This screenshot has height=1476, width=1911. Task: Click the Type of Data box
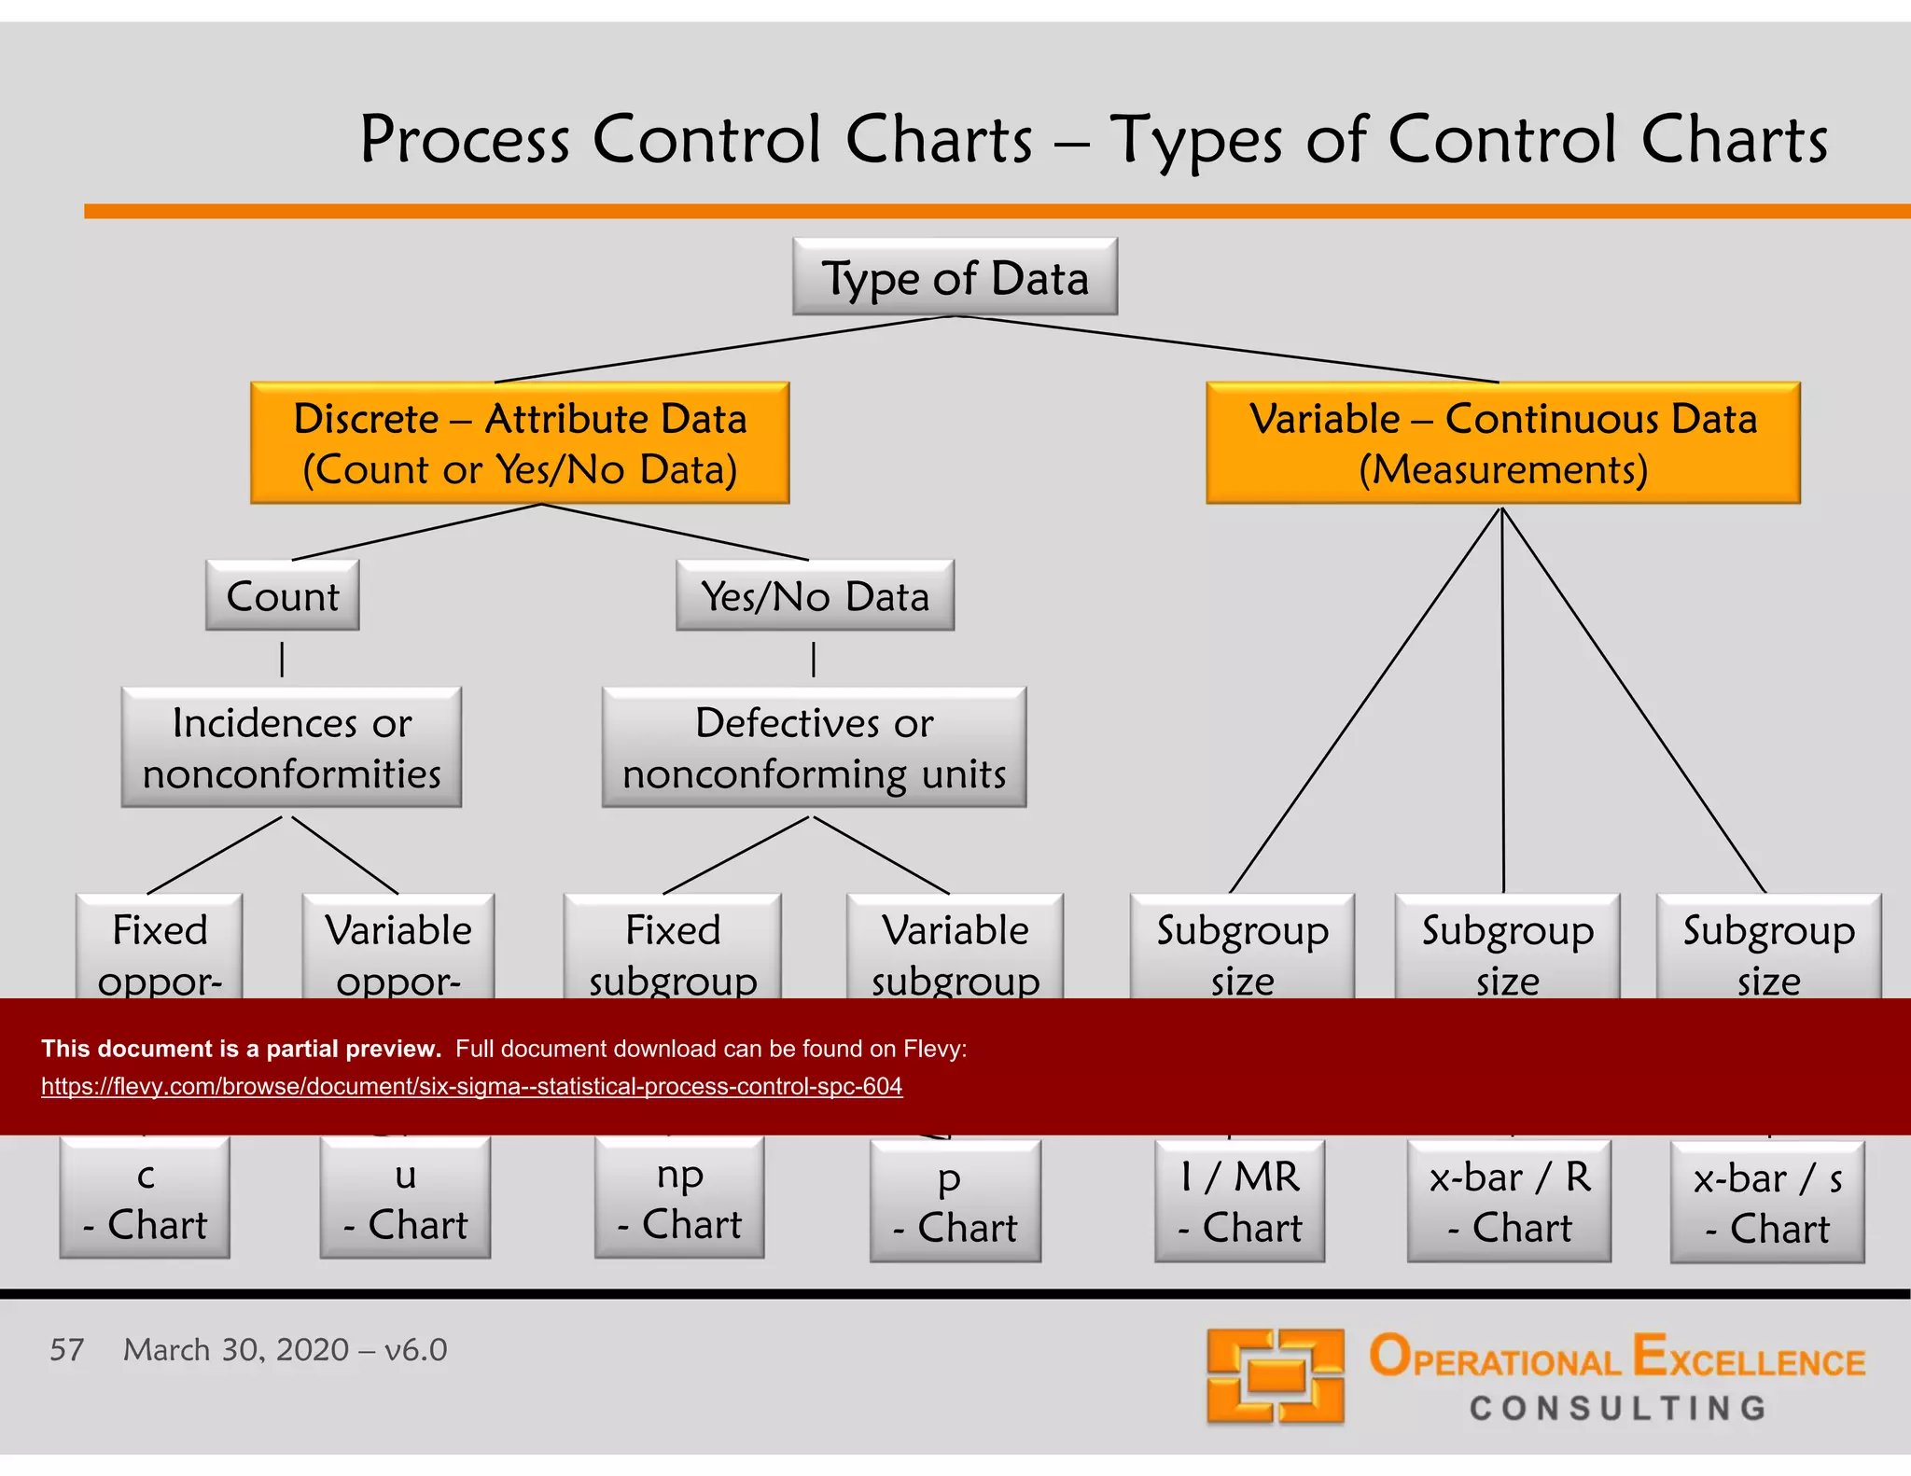tap(955, 277)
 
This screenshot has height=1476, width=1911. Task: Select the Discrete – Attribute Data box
tap(520, 443)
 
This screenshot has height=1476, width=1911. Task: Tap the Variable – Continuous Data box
tap(1502, 443)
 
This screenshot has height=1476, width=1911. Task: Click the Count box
tap(283, 596)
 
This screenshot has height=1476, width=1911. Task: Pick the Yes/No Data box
tap(815, 596)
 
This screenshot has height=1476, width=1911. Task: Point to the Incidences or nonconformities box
tap(291, 747)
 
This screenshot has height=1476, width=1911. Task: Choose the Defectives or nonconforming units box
tap(814, 747)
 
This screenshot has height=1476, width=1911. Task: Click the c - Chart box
tap(145, 1199)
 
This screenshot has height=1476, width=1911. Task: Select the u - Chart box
tap(405, 1199)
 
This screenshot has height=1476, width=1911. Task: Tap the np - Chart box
tap(679, 1199)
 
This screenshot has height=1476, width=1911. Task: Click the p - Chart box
tap(955, 1202)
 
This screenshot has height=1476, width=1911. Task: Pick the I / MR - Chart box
tap(1239, 1202)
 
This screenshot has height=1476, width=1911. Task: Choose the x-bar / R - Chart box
tap(1509, 1202)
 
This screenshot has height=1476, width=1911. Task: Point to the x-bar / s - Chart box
tap(1767, 1204)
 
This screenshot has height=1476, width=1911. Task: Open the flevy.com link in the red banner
tap(471, 1086)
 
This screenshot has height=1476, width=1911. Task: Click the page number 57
tap(66, 1349)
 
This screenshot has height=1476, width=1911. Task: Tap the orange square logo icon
tap(1275, 1376)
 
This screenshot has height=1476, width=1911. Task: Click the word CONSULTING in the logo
tap(1618, 1408)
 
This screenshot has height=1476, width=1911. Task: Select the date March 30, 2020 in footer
tap(236, 1349)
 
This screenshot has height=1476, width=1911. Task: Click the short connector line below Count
tap(282, 659)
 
